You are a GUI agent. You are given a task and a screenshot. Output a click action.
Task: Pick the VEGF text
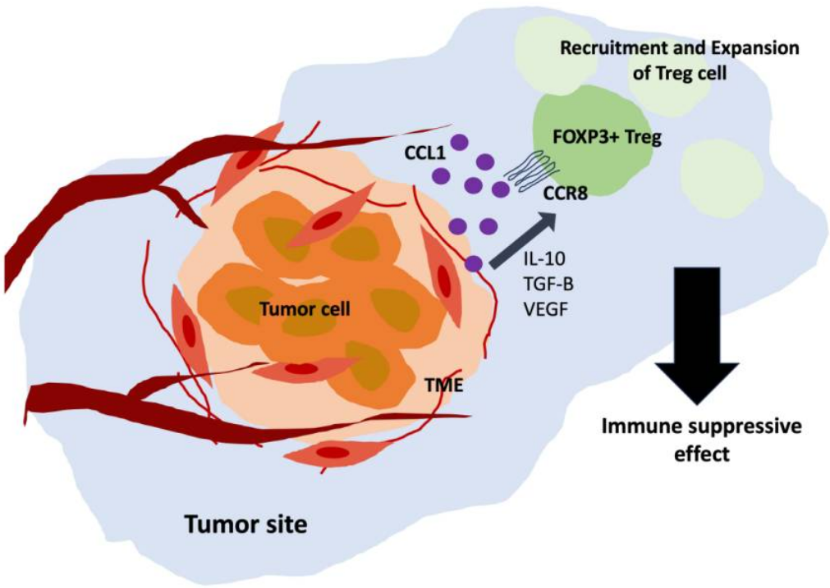point(544,311)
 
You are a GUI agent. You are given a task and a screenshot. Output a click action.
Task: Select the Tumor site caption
point(246,522)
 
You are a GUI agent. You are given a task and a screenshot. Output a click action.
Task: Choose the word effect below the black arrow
point(700,453)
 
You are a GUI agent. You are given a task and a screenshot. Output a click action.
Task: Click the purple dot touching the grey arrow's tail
point(474,263)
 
